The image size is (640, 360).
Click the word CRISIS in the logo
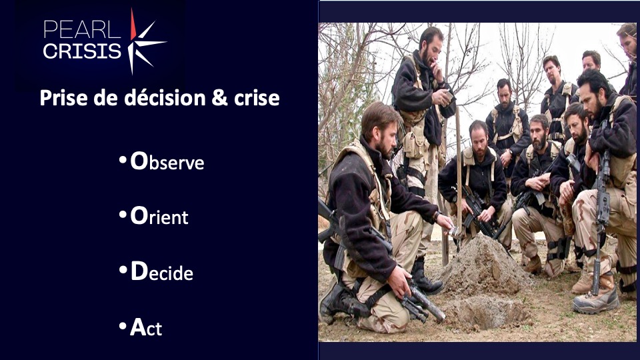pos(82,51)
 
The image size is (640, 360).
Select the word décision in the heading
pos(165,98)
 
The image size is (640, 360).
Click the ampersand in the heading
pos(219,99)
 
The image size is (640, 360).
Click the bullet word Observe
pos(167,161)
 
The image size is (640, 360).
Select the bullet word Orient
pos(159,215)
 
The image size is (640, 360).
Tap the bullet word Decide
pos(161,271)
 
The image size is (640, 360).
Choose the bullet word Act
pos(146,327)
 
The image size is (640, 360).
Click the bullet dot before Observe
pos(123,160)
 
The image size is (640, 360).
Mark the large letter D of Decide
pos(139,271)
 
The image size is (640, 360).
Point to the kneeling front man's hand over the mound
pos(446,222)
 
